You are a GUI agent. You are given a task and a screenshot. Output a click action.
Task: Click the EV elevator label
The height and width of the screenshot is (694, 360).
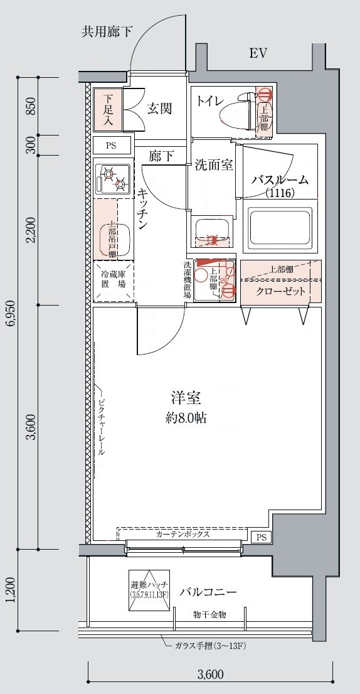click(x=258, y=54)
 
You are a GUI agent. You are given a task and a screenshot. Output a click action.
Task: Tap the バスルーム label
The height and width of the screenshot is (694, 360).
click(x=280, y=180)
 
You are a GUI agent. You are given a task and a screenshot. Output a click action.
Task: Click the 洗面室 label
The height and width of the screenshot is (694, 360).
click(x=214, y=166)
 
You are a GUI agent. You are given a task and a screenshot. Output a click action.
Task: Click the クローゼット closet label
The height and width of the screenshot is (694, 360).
click(x=281, y=291)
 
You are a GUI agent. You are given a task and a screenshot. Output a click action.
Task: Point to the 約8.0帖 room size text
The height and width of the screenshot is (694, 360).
click(x=186, y=416)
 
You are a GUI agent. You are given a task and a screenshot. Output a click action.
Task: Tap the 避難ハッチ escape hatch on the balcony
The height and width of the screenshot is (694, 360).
click(x=149, y=590)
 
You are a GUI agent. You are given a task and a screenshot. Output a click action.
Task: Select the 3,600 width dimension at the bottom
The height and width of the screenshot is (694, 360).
click(x=211, y=675)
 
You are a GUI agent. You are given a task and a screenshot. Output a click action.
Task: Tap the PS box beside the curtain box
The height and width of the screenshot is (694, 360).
click(x=260, y=537)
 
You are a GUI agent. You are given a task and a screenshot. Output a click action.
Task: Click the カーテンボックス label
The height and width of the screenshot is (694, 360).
click(x=183, y=535)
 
